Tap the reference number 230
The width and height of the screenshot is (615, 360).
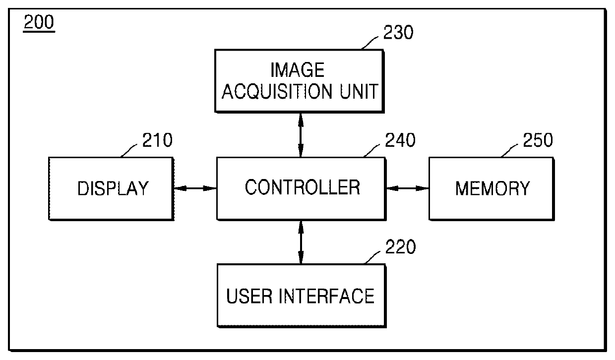[x=398, y=32]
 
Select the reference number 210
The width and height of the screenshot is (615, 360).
[x=157, y=140]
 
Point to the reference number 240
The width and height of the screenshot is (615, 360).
[x=400, y=140]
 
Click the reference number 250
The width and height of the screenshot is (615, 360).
[x=538, y=140]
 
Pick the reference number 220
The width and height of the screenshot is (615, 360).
[x=401, y=247]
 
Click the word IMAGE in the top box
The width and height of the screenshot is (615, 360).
[x=298, y=70]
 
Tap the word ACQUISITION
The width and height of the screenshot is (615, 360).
[x=277, y=91]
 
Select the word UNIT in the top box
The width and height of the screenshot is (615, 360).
[x=359, y=91]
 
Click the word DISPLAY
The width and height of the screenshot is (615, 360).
[x=113, y=188]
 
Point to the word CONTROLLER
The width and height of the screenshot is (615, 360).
[x=302, y=187]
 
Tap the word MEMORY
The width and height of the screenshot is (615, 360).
[x=492, y=188]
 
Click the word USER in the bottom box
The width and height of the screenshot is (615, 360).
[x=249, y=297]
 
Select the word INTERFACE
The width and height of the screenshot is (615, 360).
[x=326, y=297]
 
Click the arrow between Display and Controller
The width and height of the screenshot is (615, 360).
[x=195, y=188]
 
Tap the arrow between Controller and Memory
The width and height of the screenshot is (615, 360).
[x=408, y=188]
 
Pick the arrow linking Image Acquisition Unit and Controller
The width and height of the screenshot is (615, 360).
[x=301, y=135]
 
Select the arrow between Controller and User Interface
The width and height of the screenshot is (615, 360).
[x=301, y=242]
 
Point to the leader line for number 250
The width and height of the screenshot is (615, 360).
[x=509, y=150]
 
